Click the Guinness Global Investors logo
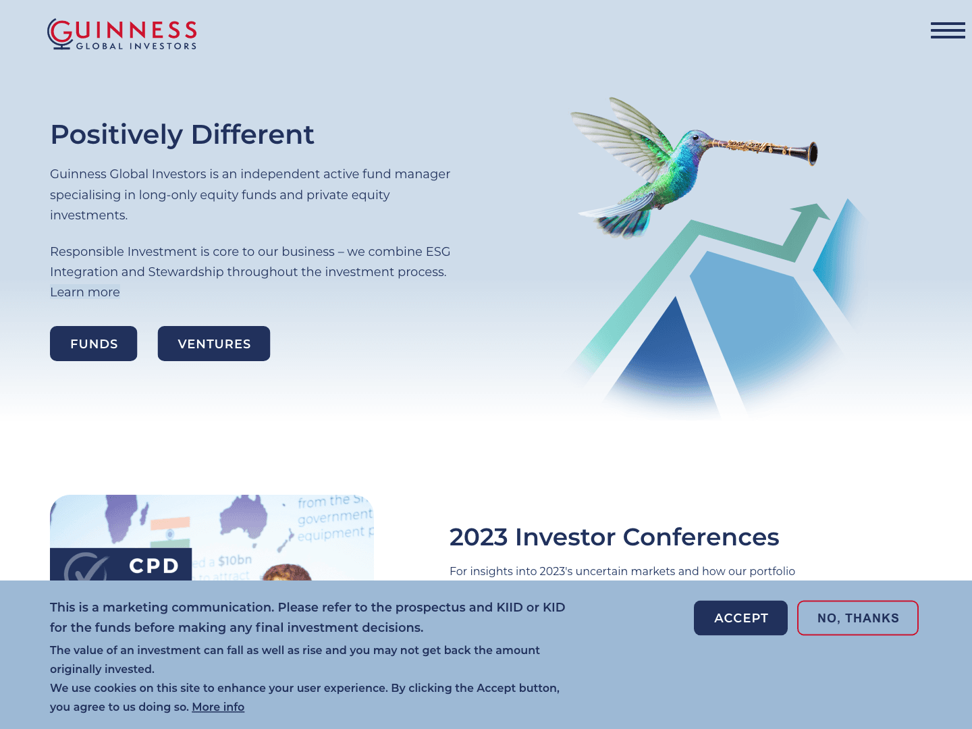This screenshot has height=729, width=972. (x=122, y=34)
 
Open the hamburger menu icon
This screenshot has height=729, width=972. (x=947, y=30)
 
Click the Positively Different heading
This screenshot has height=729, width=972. (x=182, y=134)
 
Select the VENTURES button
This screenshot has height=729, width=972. (x=214, y=344)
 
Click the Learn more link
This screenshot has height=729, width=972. (x=85, y=292)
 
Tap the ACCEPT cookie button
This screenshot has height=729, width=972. (x=740, y=618)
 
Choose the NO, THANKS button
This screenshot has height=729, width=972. (x=857, y=618)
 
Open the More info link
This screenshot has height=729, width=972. (x=218, y=707)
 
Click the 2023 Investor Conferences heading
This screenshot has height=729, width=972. (x=614, y=537)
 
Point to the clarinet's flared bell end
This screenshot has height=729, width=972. (x=811, y=153)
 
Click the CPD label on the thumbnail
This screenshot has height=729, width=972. (x=154, y=566)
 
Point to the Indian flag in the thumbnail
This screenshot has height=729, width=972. (x=170, y=530)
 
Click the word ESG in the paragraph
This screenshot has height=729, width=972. (x=437, y=252)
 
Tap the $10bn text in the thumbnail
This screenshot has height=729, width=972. (x=234, y=560)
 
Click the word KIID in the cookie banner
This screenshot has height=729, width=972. (x=510, y=607)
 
